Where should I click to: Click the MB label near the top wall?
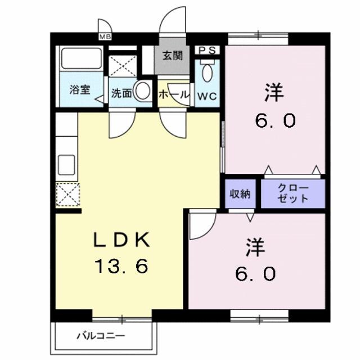pos(105,37)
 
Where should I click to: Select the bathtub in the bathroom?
pos(80,60)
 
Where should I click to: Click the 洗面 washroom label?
pos(120,94)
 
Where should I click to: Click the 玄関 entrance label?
pos(173,56)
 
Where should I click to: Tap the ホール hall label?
pos(173,95)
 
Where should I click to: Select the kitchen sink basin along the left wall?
pos(67,164)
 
